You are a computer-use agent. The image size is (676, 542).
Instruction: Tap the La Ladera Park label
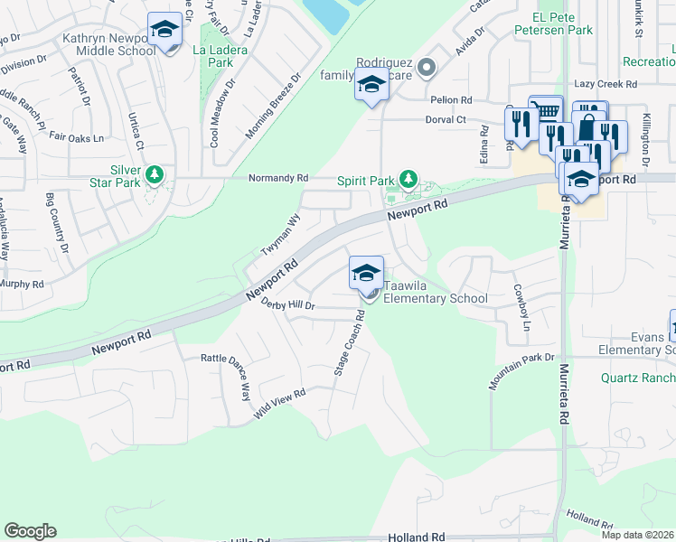221,56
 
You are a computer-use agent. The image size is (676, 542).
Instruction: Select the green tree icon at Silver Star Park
155,173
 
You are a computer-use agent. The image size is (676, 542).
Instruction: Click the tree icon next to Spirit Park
408,179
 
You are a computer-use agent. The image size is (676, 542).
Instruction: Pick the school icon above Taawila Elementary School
365,273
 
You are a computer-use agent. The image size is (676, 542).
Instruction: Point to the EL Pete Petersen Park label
562,23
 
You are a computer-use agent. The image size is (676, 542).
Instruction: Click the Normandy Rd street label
279,178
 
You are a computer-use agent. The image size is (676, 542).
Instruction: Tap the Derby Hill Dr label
287,305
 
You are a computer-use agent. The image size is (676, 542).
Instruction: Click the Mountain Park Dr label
521,369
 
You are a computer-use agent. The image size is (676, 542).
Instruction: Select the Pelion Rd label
452,99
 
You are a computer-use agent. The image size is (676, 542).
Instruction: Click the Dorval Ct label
446,119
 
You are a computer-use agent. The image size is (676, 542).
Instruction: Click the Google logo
30,531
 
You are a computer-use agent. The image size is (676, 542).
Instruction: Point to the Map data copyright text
637,535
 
